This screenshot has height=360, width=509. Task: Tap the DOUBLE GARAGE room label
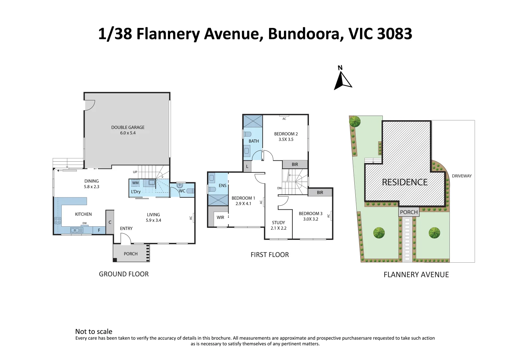tap(128, 127)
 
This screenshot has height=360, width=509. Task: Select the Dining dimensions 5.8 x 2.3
tap(91, 187)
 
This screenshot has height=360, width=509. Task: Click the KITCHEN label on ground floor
tap(83, 214)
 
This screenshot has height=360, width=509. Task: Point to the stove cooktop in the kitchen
tap(58, 220)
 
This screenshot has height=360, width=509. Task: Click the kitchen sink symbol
tap(77, 230)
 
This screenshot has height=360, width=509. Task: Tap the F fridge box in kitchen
tap(99, 230)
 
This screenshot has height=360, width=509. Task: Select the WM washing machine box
tap(135, 183)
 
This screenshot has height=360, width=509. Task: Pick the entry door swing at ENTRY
tap(125, 238)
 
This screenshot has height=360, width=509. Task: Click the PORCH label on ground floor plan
tap(131, 254)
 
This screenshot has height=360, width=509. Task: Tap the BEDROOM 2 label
tap(286, 134)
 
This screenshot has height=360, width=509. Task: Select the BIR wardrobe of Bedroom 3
tap(320, 192)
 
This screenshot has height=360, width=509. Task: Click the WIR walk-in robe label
tap(220, 217)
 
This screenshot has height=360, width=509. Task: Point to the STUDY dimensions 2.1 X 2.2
tap(278, 228)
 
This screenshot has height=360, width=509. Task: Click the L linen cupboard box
tap(247, 166)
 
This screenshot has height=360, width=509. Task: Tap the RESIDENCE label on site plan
tap(405, 182)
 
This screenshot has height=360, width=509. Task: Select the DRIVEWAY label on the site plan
tap(462, 176)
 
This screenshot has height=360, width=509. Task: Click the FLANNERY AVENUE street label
tap(416, 275)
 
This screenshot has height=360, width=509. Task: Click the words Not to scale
tap(94, 331)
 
